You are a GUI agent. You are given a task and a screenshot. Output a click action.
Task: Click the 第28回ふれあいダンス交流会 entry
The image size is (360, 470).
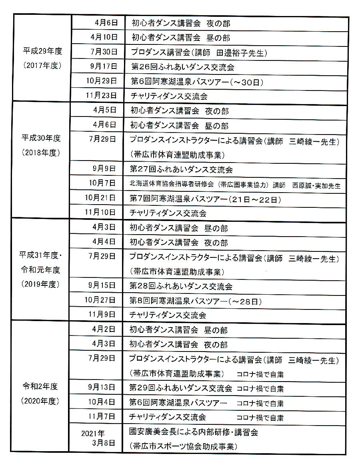[x=181, y=287]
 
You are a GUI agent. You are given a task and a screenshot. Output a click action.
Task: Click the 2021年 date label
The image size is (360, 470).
[x=93, y=433]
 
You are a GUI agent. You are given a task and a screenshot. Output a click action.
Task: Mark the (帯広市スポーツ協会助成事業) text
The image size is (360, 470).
[x=184, y=446]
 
